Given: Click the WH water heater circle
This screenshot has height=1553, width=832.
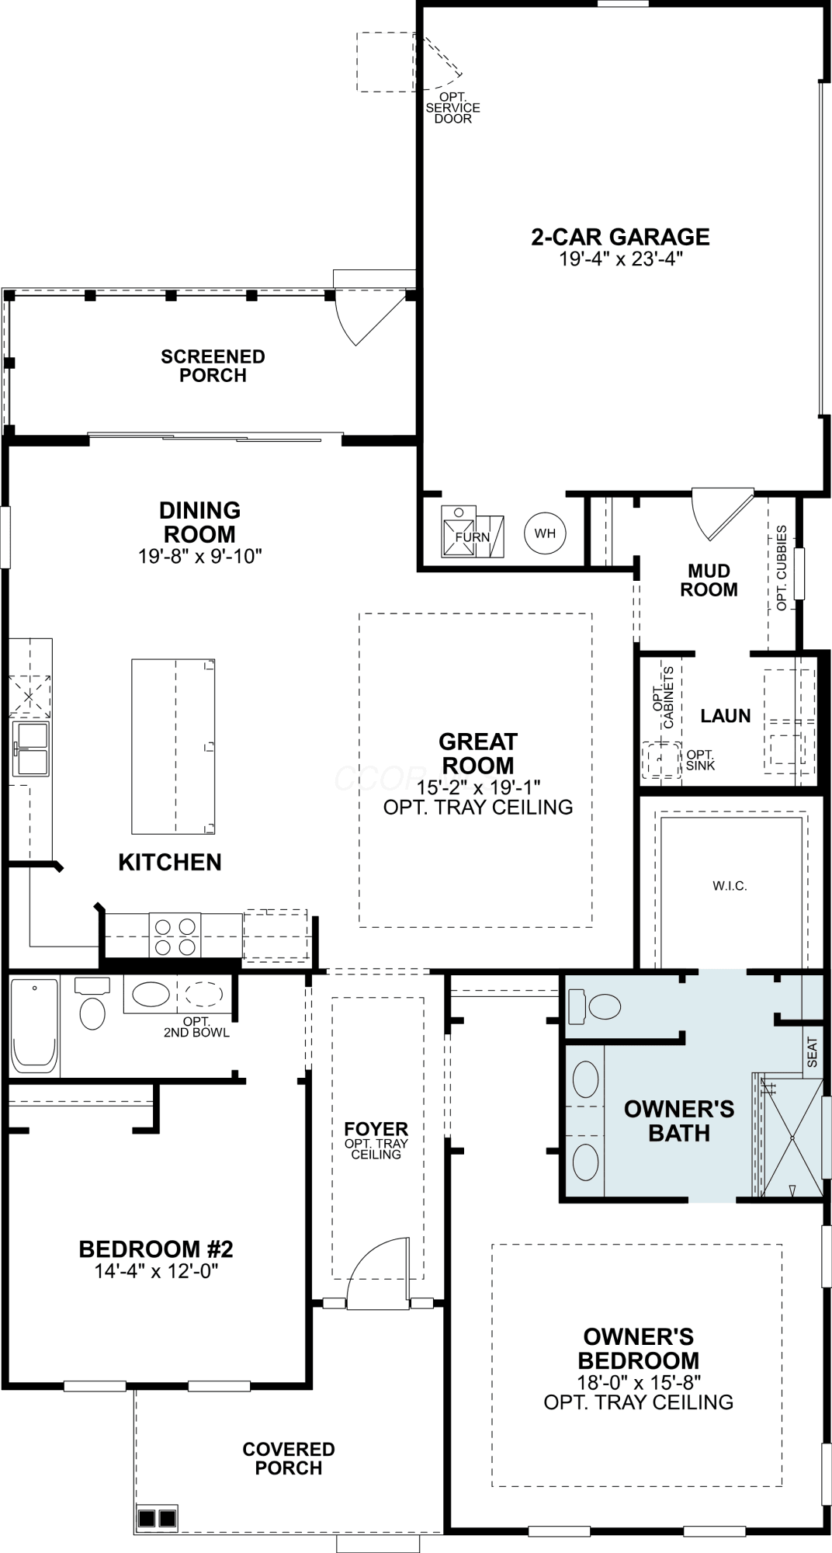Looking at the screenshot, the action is [545, 533].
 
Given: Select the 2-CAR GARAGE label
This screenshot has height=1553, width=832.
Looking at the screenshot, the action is [620, 237].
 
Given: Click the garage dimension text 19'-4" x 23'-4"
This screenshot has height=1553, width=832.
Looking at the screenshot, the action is [620, 259].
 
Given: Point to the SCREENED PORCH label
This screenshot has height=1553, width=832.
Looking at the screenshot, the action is [213, 366].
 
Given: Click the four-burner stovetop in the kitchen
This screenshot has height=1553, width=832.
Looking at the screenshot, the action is [175, 936].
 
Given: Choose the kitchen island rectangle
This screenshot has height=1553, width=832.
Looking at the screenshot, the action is [173, 746].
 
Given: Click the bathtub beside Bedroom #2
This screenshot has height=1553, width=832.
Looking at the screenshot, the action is [35, 1027].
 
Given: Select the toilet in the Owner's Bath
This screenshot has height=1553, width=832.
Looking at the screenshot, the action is [595, 1007].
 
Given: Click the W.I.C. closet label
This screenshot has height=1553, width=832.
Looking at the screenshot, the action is [730, 886].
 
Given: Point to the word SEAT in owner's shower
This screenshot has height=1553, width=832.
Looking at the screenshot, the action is [813, 1053].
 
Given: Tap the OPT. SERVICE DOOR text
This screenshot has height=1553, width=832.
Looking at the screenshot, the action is [452, 108].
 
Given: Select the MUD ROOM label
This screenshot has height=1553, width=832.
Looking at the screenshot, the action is [709, 580].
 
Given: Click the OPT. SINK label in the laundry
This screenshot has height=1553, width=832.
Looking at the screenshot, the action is [701, 760].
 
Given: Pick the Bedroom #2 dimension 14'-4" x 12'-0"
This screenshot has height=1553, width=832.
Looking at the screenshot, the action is [156, 1271].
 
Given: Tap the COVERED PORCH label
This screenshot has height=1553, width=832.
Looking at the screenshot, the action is [289, 1458].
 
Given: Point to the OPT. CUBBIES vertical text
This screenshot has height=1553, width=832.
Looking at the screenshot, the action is [782, 568].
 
